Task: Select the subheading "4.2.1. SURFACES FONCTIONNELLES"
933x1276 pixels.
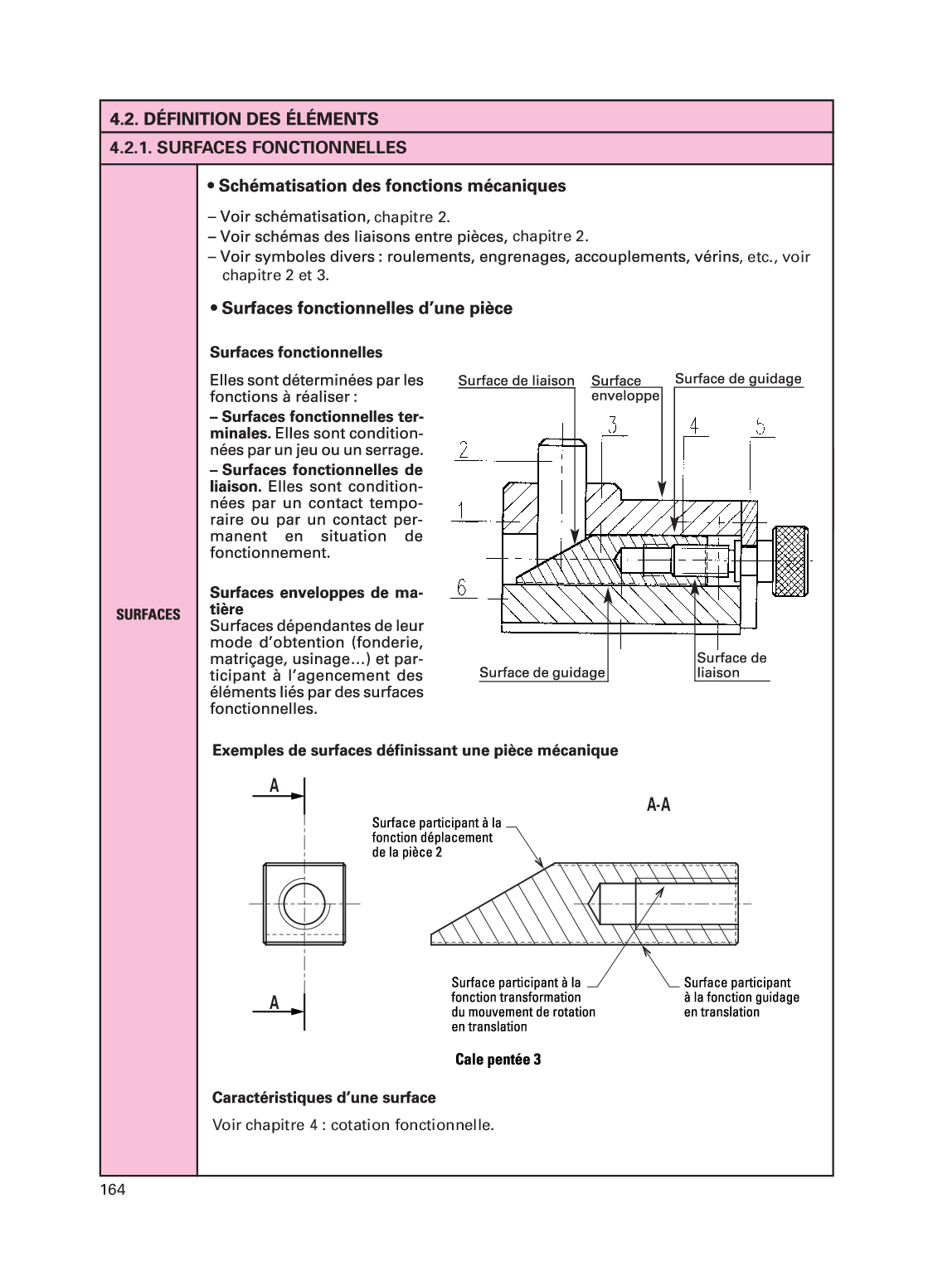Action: (x=258, y=148)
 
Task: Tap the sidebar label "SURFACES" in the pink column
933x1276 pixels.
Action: (x=148, y=614)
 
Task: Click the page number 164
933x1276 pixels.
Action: (x=113, y=1191)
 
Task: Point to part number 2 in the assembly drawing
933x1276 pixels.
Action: (x=464, y=450)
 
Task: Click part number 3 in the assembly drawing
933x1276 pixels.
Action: (x=612, y=425)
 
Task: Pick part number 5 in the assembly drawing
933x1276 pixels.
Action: (x=759, y=426)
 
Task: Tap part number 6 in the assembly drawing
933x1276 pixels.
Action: (x=463, y=588)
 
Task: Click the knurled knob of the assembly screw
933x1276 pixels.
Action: (x=790, y=560)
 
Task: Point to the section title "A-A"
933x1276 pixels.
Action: (x=658, y=804)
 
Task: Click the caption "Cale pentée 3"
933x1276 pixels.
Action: (x=498, y=1060)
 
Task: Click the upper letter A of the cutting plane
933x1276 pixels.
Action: (x=273, y=786)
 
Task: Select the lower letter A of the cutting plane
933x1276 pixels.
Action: (x=273, y=1003)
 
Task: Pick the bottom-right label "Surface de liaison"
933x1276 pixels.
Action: (x=731, y=665)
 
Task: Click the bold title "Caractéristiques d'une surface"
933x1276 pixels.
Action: (x=324, y=1098)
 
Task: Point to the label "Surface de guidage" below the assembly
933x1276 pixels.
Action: (x=542, y=672)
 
